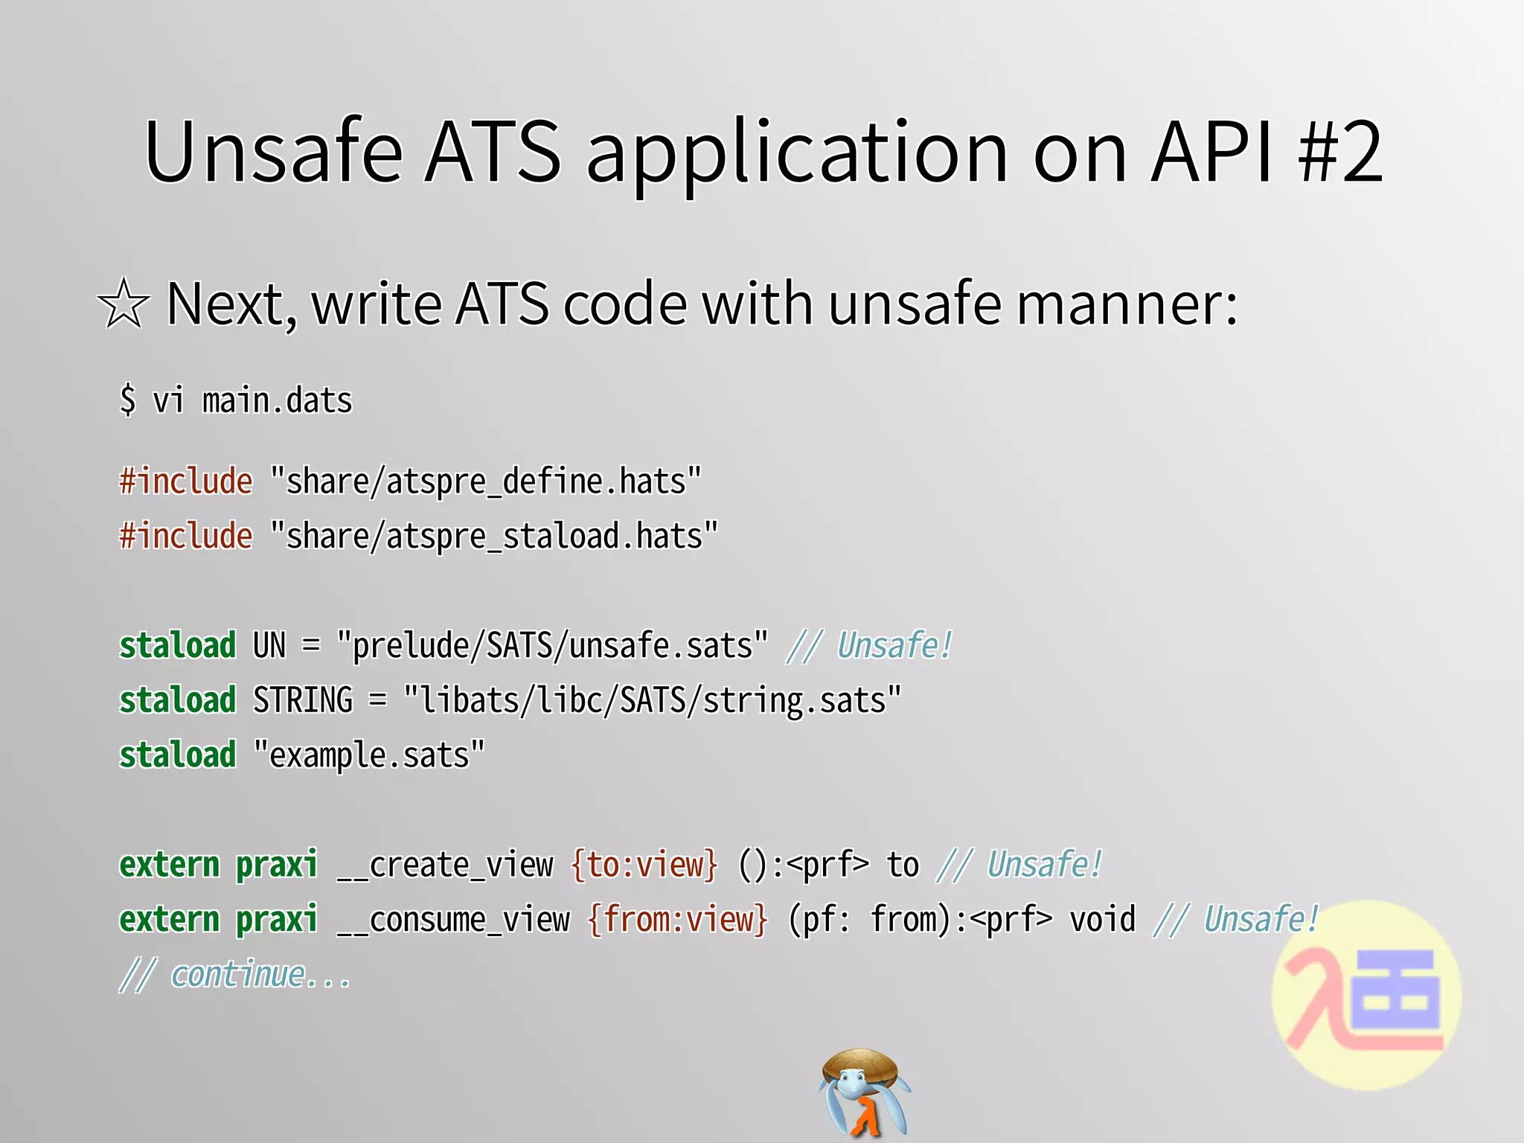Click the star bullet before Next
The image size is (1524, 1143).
click(x=124, y=304)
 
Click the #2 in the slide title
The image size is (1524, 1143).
click(x=1340, y=152)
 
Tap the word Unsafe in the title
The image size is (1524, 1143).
click(x=273, y=152)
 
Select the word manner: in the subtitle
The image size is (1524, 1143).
click(x=1127, y=305)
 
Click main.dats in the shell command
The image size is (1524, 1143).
click(x=277, y=401)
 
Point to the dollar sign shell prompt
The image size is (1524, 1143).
click(x=128, y=400)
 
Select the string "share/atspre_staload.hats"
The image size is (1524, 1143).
click(x=493, y=537)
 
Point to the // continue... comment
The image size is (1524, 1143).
click(x=235, y=975)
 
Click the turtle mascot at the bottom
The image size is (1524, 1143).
click(x=863, y=1092)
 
